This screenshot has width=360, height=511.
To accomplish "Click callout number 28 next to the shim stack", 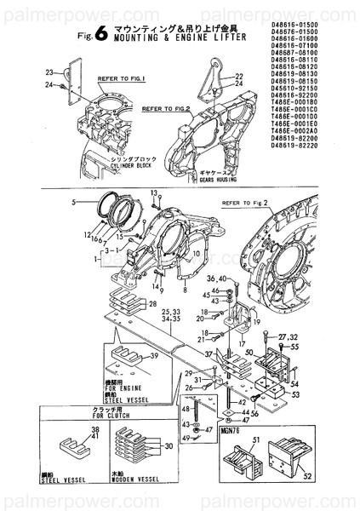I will (153, 304).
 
